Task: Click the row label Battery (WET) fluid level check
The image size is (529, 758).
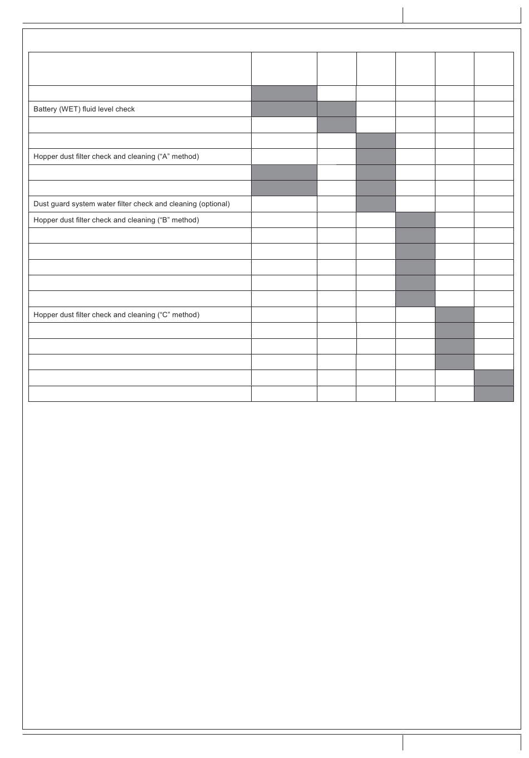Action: [84, 109]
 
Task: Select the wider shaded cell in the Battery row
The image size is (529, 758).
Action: [284, 109]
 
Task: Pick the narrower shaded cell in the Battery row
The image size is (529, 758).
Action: [336, 109]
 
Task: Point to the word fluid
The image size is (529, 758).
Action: [89, 109]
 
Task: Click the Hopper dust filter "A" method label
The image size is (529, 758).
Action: [116, 157]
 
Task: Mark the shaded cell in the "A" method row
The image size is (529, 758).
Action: [376, 157]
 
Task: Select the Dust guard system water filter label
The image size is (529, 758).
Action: [131, 204]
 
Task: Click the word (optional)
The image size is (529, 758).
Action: [214, 204]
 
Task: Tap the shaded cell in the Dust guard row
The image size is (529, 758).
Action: [376, 204]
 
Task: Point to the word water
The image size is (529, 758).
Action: [105, 204]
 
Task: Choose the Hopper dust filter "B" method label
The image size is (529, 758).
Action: [116, 220]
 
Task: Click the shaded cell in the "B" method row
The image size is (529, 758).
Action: [415, 220]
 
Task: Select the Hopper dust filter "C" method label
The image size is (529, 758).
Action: [116, 315]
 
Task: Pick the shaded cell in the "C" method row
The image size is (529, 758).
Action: [454, 315]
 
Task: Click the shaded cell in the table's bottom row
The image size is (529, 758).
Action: [494, 394]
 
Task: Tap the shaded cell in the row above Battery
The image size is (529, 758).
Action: [284, 93]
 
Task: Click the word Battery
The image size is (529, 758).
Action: [45, 109]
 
